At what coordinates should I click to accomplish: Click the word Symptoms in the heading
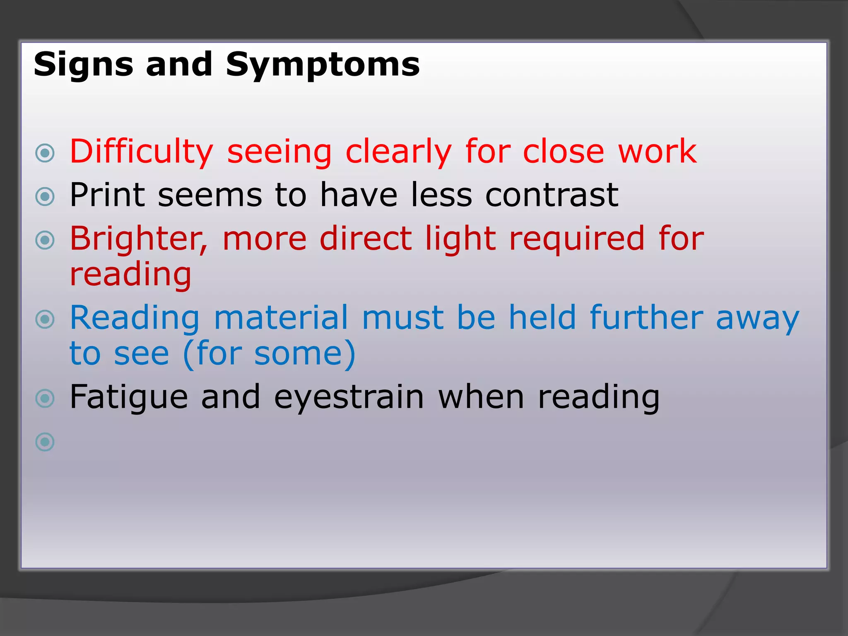point(323,65)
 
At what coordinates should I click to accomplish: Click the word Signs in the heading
point(83,65)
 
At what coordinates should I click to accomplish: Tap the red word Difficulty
point(141,152)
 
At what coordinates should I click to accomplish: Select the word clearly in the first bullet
point(398,152)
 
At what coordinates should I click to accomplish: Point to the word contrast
point(552,195)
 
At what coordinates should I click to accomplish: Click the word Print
point(107,195)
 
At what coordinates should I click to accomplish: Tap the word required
point(577,239)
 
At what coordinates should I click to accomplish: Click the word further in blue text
point(646,318)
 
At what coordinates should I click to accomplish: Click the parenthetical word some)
point(305,354)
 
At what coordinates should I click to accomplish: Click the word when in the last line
point(481,397)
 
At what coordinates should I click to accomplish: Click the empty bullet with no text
point(45,442)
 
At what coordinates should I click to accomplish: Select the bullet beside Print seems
point(45,197)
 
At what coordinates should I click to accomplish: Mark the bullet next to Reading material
point(45,319)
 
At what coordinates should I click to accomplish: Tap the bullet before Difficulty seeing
point(45,153)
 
